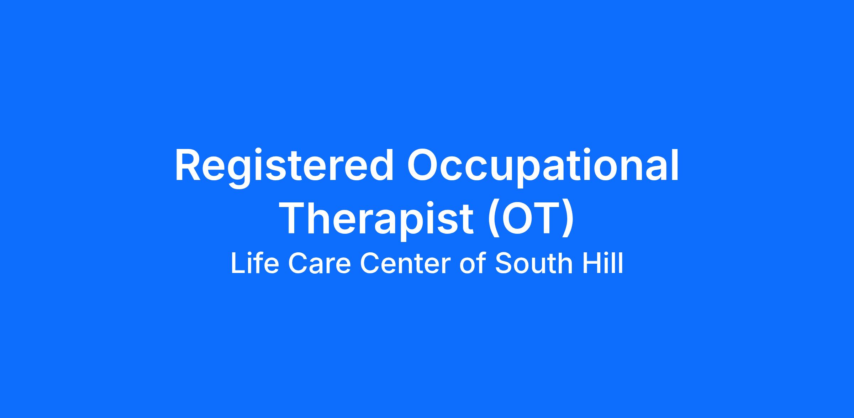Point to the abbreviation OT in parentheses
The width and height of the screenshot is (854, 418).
530,218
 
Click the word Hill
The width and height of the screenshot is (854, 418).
603,263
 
